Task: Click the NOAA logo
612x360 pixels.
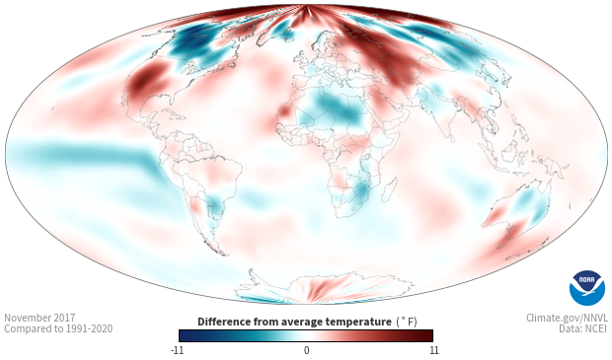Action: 587,287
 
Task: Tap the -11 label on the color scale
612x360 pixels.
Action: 178,350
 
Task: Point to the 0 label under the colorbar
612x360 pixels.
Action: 306,350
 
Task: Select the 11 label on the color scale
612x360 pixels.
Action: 433,350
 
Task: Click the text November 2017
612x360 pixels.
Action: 39,318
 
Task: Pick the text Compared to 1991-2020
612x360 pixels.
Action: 58,328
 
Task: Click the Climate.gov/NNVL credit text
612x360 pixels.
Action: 567,318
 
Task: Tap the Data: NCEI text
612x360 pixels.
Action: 583,328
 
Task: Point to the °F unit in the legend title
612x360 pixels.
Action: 407,323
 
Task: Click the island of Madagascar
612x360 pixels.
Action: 390,189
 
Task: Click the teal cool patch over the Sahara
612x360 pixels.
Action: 339,107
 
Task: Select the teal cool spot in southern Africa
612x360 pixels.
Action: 360,189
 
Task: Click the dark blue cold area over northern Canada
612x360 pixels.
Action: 191,40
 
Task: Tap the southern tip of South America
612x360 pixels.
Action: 223,253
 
